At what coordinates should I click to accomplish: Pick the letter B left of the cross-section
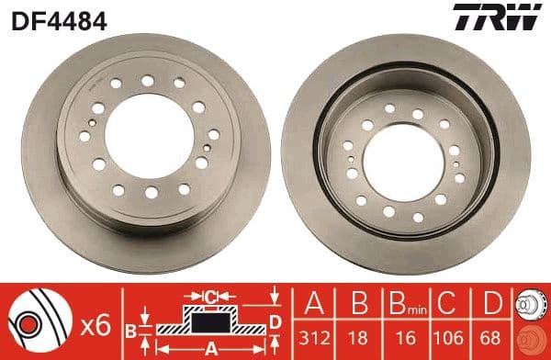click(x=129, y=330)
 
